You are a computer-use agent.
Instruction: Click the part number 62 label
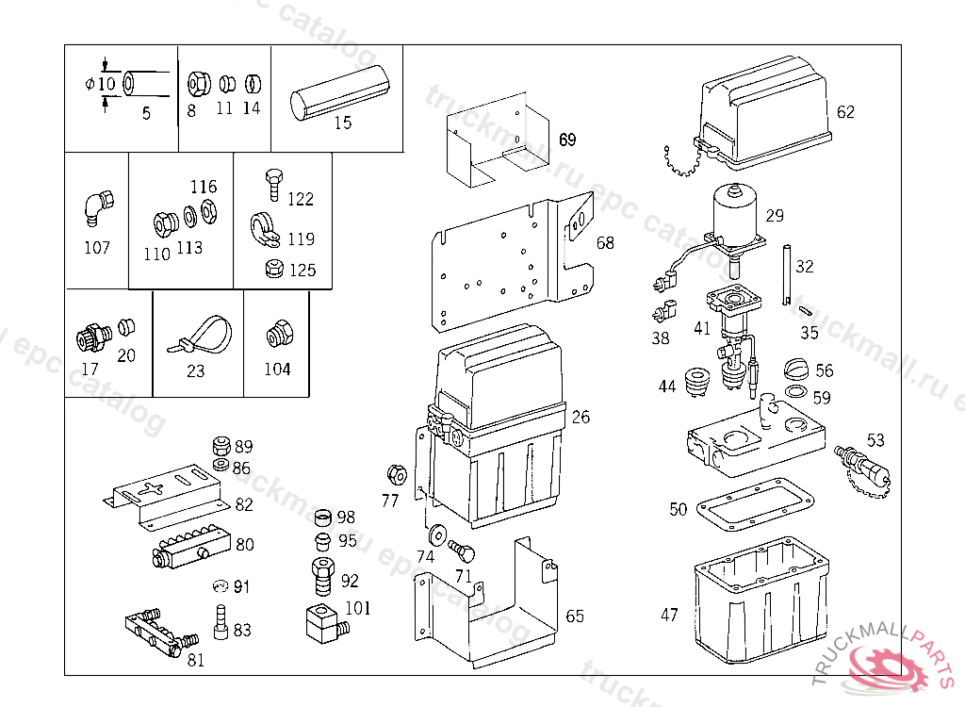coord(845,112)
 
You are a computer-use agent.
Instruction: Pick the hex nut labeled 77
coord(396,471)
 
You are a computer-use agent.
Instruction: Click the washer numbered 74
coord(437,534)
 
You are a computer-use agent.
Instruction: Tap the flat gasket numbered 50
coord(755,506)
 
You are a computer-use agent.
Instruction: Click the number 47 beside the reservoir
coord(669,615)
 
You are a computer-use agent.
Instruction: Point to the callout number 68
coord(605,243)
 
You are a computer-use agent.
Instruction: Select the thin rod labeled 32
coord(784,273)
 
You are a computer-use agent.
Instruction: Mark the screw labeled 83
coord(221,622)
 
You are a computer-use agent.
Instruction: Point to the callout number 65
coord(575,617)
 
